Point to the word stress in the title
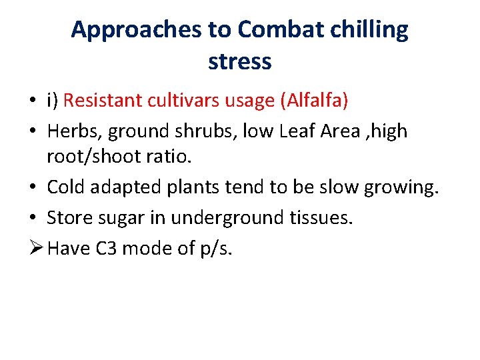point(240,62)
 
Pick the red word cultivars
point(185,101)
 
